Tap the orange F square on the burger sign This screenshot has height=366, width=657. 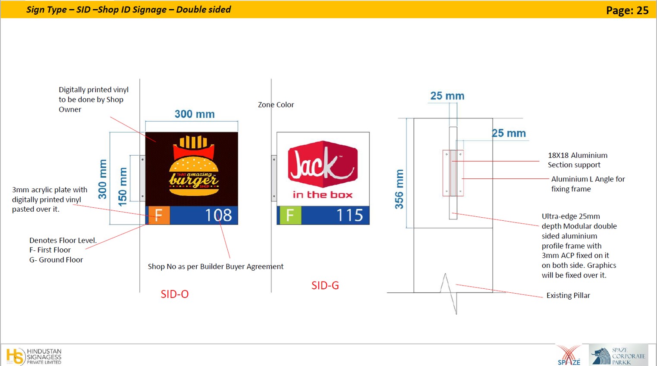pos(158,216)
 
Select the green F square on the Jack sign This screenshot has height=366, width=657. pos(290,216)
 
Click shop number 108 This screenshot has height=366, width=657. pos(218,216)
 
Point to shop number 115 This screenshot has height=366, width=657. pos(349,216)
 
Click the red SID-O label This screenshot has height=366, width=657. pos(175,294)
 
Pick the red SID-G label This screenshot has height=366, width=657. pos(325,285)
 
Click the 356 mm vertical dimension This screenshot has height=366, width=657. pos(399,189)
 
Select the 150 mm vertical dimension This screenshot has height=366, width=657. pos(123,187)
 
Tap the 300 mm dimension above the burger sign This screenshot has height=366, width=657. pos(195,114)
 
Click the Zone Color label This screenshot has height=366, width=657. pos(276,105)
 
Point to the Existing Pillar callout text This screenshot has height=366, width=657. pos(568,295)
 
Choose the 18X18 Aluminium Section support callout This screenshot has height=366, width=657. pos(578,160)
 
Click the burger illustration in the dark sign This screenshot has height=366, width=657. pos(194,166)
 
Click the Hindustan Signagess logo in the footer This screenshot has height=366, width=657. pos(34,356)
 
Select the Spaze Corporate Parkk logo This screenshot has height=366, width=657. pos(618,356)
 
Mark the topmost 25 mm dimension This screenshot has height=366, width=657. pos(447,96)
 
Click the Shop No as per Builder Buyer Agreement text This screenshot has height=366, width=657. pos(216,266)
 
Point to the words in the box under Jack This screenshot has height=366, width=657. pos(322,195)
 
